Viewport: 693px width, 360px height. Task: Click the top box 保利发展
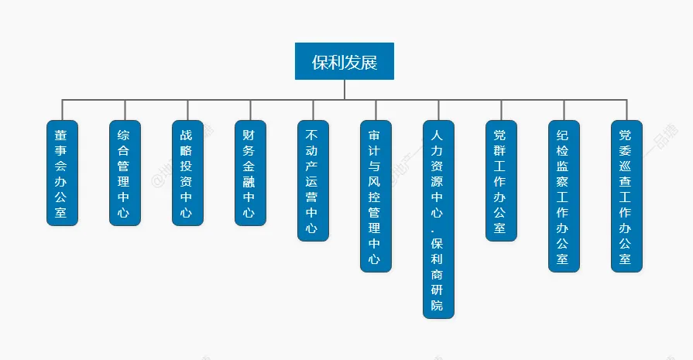point(345,61)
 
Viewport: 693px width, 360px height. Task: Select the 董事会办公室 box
point(62,173)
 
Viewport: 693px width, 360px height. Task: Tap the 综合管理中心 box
point(125,173)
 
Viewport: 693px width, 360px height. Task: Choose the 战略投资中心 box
point(187,173)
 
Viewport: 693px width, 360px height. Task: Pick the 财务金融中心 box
point(250,173)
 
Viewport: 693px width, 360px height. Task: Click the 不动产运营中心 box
point(313,180)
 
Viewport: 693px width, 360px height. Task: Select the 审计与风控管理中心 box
point(376,196)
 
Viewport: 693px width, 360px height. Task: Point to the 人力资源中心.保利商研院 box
point(438,219)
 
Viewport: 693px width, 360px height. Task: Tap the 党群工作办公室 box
point(501,180)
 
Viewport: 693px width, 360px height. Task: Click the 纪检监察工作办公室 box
point(564,196)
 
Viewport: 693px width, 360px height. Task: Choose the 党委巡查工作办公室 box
point(626,196)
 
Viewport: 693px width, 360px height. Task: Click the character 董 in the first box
point(62,134)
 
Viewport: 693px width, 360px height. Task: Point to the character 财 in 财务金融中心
point(250,134)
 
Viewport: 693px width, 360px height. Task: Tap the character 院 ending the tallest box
point(438,306)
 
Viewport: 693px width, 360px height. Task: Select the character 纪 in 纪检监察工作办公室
point(564,134)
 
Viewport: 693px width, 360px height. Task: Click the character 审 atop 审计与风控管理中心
point(376,134)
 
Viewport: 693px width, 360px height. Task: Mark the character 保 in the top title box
point(319,62)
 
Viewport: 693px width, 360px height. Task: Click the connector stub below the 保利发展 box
point(345,89)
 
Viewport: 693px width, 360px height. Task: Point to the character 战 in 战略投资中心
point(187,134)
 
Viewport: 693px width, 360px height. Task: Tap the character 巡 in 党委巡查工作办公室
point(626,166)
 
